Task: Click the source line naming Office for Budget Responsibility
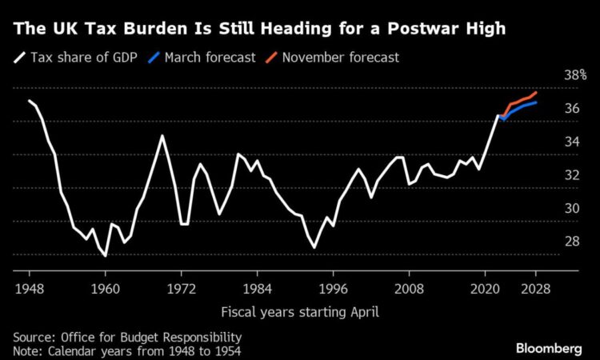127,338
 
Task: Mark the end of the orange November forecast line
536,93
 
